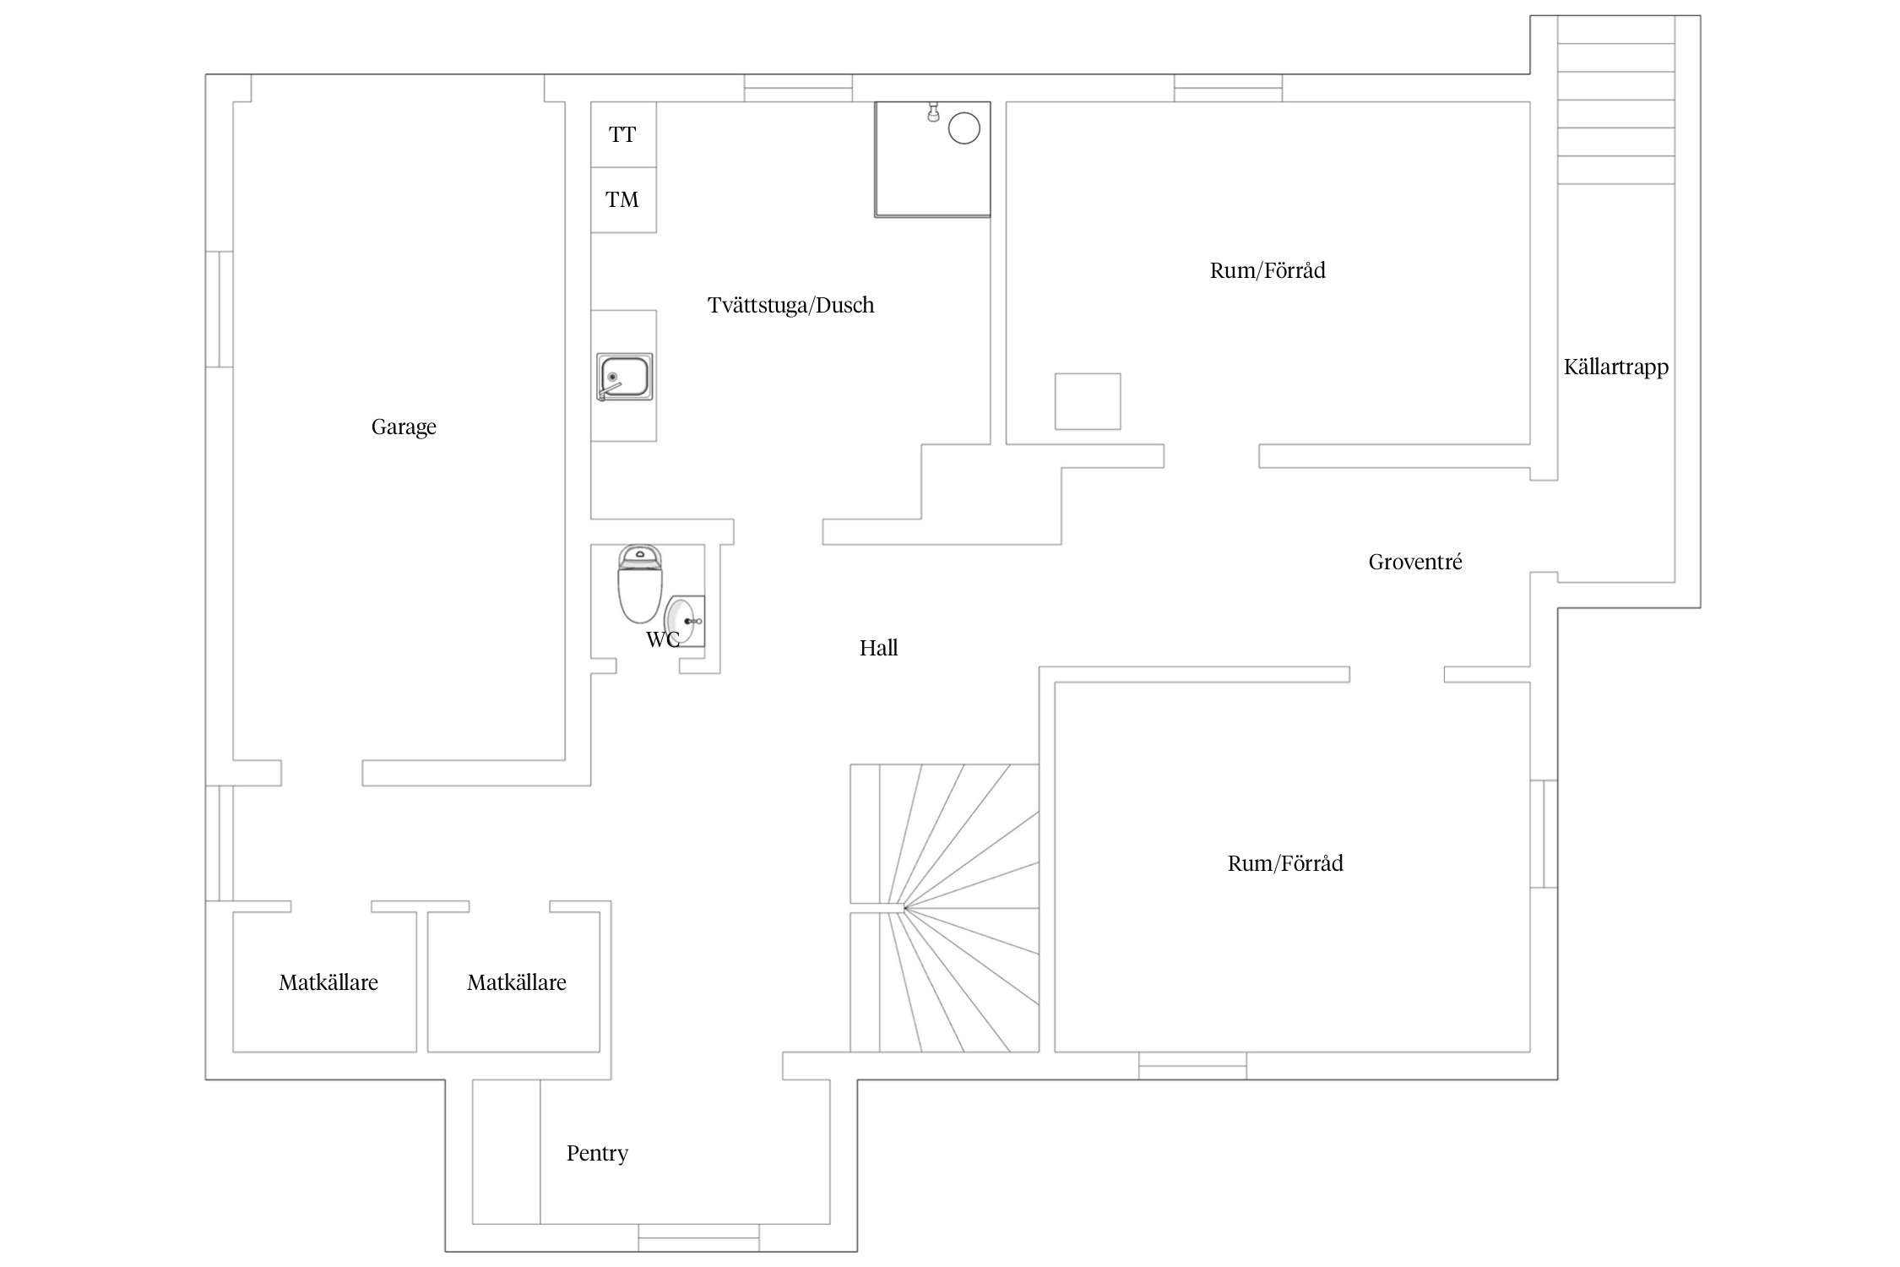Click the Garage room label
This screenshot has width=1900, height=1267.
[x=404, y=427]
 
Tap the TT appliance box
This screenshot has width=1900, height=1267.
[x=622, y=134]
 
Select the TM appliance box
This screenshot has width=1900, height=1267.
[x=622, y=200]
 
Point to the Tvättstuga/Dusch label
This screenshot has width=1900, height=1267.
[x=790, y=305]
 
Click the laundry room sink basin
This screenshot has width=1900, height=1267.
[x=624, y=377]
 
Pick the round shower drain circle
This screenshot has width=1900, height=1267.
[x=964, y=128]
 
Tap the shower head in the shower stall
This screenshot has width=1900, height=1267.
[x=933, y=111]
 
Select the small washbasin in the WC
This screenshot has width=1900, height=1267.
[x=684, y=621]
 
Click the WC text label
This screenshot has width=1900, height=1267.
[x=662, y=640]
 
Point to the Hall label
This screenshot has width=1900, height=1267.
[x=878, y=648]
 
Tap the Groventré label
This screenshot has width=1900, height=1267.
[x=1414, y=562]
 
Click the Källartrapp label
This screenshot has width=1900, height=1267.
[x=1615, y=367]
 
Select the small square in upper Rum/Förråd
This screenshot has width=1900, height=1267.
[x=1087, y=401]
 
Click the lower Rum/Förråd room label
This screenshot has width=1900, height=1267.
[x=1284, y=863]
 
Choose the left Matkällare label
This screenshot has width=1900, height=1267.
[x=328, y=982]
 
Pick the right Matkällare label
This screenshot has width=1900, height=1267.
[x=516, y=982]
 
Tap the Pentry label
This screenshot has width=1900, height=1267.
[x=597, y=1153]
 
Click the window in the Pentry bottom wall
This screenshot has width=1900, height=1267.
[x=698, y=1237]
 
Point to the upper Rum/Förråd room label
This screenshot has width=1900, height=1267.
[x=1267, y=270]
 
